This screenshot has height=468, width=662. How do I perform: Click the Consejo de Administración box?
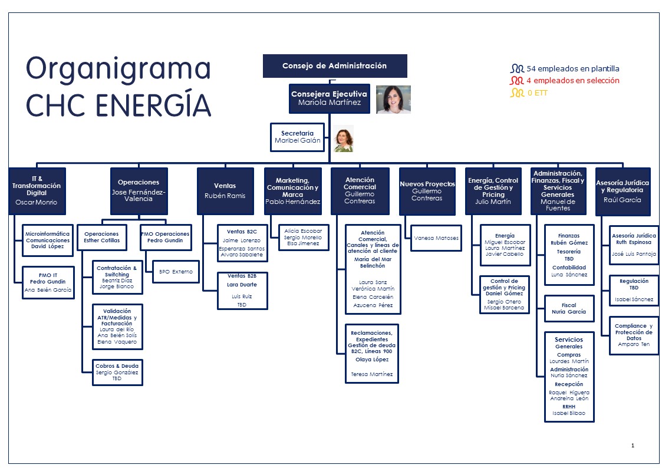pyautogui.click(x=334, y=66)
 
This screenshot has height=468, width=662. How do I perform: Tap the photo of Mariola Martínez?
pyautogui.click(x=393, y=100)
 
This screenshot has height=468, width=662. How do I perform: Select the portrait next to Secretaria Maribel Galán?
pyautogui.click(x=343, y=139)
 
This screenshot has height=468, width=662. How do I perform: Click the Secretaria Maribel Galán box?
pyautogui.click(x=298, y=137)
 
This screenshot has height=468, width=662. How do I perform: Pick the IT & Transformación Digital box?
pyautogui.click(x=37, y=192)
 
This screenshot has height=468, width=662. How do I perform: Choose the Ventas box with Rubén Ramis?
pyautogui.click(x=225, y=192)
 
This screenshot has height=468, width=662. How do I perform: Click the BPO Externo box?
pyautogui.click(x=176, y=272)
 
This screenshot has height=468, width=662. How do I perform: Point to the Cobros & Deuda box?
pyautogui.click(x=117, y=372)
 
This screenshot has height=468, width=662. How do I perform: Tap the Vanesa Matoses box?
pyautogui.click(x=436, y=238)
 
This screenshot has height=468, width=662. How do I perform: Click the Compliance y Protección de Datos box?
pyautogui.click(x=634, y=335)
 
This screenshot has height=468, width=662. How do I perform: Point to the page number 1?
pyautogui.click(x=633, y=446)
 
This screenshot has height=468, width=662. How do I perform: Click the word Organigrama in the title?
pyautogui.click(x=118, y=69)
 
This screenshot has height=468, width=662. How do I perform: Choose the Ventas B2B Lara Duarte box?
pyautogui.click(x=242, y=290)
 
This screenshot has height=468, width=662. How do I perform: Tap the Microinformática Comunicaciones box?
pyautogui.click(x=48, y=240)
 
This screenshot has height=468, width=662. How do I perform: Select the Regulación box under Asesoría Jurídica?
pyautogui.click(x=634, y=290)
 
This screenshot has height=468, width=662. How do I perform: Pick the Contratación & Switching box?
pyautogui.click(x=117, y=277)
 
